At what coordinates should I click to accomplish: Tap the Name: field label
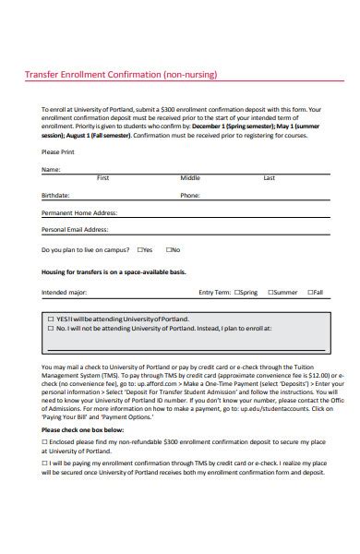point(51,170)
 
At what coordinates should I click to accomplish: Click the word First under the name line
point(103,178)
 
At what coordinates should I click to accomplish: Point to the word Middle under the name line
point(190,178)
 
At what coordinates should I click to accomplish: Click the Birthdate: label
point(55,196)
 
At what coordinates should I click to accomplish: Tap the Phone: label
point(190,196)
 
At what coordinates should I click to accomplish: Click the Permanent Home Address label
point(78,212)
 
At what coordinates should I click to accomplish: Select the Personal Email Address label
point(75,229)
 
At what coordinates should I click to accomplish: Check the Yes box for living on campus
point(139,249)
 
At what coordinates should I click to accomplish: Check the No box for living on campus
point(169,249)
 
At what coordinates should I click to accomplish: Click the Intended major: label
point(65,293)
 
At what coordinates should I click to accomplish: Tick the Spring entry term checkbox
point(237,293)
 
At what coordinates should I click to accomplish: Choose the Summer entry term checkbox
point(270,293)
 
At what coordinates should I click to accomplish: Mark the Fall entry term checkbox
point(309,293)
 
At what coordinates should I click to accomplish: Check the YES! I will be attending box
point(50,318)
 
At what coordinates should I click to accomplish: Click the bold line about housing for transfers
point(114,272)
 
